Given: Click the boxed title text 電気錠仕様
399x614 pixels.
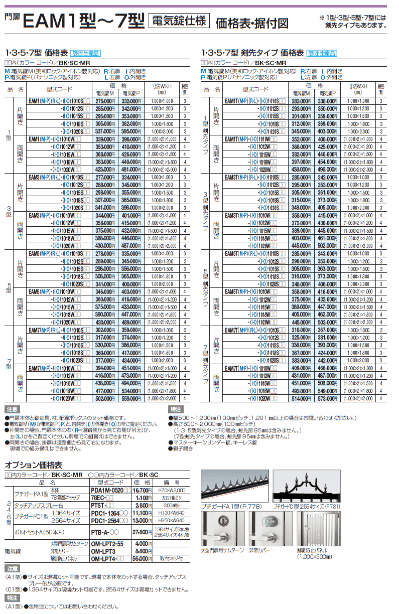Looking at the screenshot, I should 180,21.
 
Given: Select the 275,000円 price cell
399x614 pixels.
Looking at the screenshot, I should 105,101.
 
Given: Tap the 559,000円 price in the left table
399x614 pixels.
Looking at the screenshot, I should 132,398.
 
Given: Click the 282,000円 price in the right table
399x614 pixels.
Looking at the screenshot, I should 302,101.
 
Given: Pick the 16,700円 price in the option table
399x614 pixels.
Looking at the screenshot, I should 143,490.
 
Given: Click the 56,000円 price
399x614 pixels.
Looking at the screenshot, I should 143,558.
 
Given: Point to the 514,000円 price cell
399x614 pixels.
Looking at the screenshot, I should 302,398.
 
